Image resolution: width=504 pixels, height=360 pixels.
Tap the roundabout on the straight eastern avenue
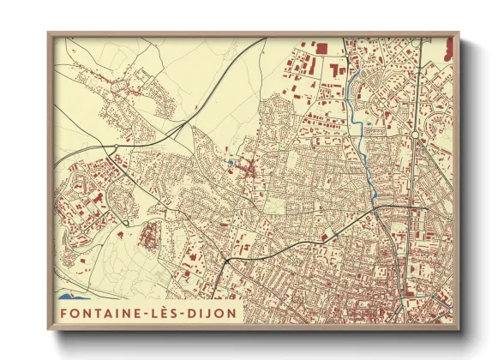tap(414, 135)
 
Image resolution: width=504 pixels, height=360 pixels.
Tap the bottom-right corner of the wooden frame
tap(459, 329)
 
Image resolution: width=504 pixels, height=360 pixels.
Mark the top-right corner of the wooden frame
tap(459, 33)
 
